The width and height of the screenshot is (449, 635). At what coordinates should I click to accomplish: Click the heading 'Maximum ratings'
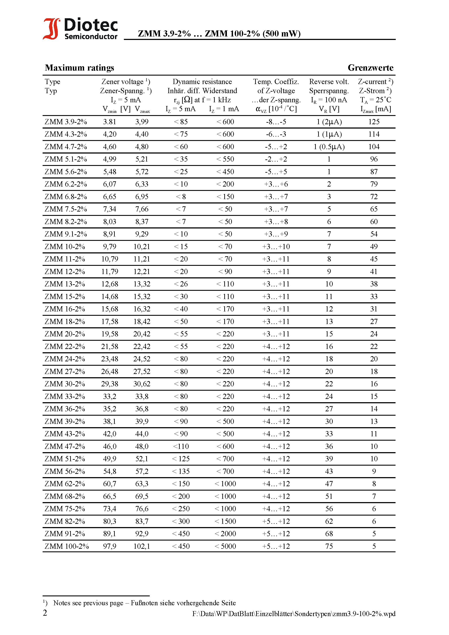pyautogui.click(x=80, y=68)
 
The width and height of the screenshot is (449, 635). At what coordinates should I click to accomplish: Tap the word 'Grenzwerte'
pyautogui.click(x=370, y=68)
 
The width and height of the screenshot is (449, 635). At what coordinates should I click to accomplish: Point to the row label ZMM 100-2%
pyautogui.click(x=67, y=546)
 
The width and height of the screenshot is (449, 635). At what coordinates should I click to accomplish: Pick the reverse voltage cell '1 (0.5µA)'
pyautogui.click(x=329, y=147)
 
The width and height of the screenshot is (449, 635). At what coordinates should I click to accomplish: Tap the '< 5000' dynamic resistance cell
pyautogui.click(x=225, y=546)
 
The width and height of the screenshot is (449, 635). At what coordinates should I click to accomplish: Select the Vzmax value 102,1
pyautogui.click(x=142, y=546)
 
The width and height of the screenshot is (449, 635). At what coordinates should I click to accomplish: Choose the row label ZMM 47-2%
pyautogui.click(x=65, y=446)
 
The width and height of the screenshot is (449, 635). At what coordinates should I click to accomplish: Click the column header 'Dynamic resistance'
pyautogui.click(x=202, y=82)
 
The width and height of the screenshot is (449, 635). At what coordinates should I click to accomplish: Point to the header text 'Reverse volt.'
pyautogui.click(x=329, y=82)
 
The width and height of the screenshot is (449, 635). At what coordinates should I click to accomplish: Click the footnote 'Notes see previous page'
pyautogui.click(x=88, y=603)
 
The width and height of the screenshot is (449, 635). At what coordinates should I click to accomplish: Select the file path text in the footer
pyautogui.click(x=294, y=614)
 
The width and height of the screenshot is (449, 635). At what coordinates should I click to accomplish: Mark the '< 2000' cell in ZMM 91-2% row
pyautogui.click(x=225, y=534)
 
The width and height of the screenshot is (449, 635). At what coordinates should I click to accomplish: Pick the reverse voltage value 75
pyautogui.click(x=329, y=546)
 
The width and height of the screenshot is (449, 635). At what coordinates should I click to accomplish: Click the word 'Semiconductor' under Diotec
pyautogui.click(x=91, y=36)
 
